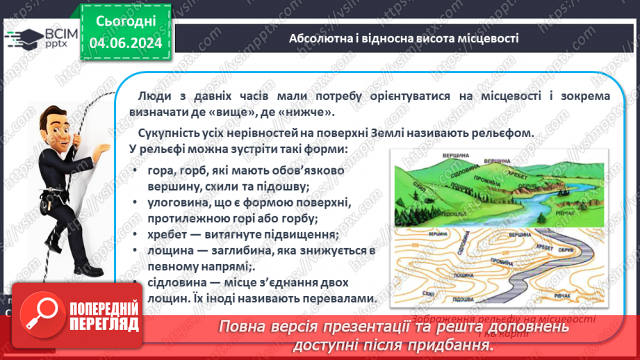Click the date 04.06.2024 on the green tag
125,44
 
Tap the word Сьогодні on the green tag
125,22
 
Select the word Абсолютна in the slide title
317,38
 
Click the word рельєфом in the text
504,133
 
